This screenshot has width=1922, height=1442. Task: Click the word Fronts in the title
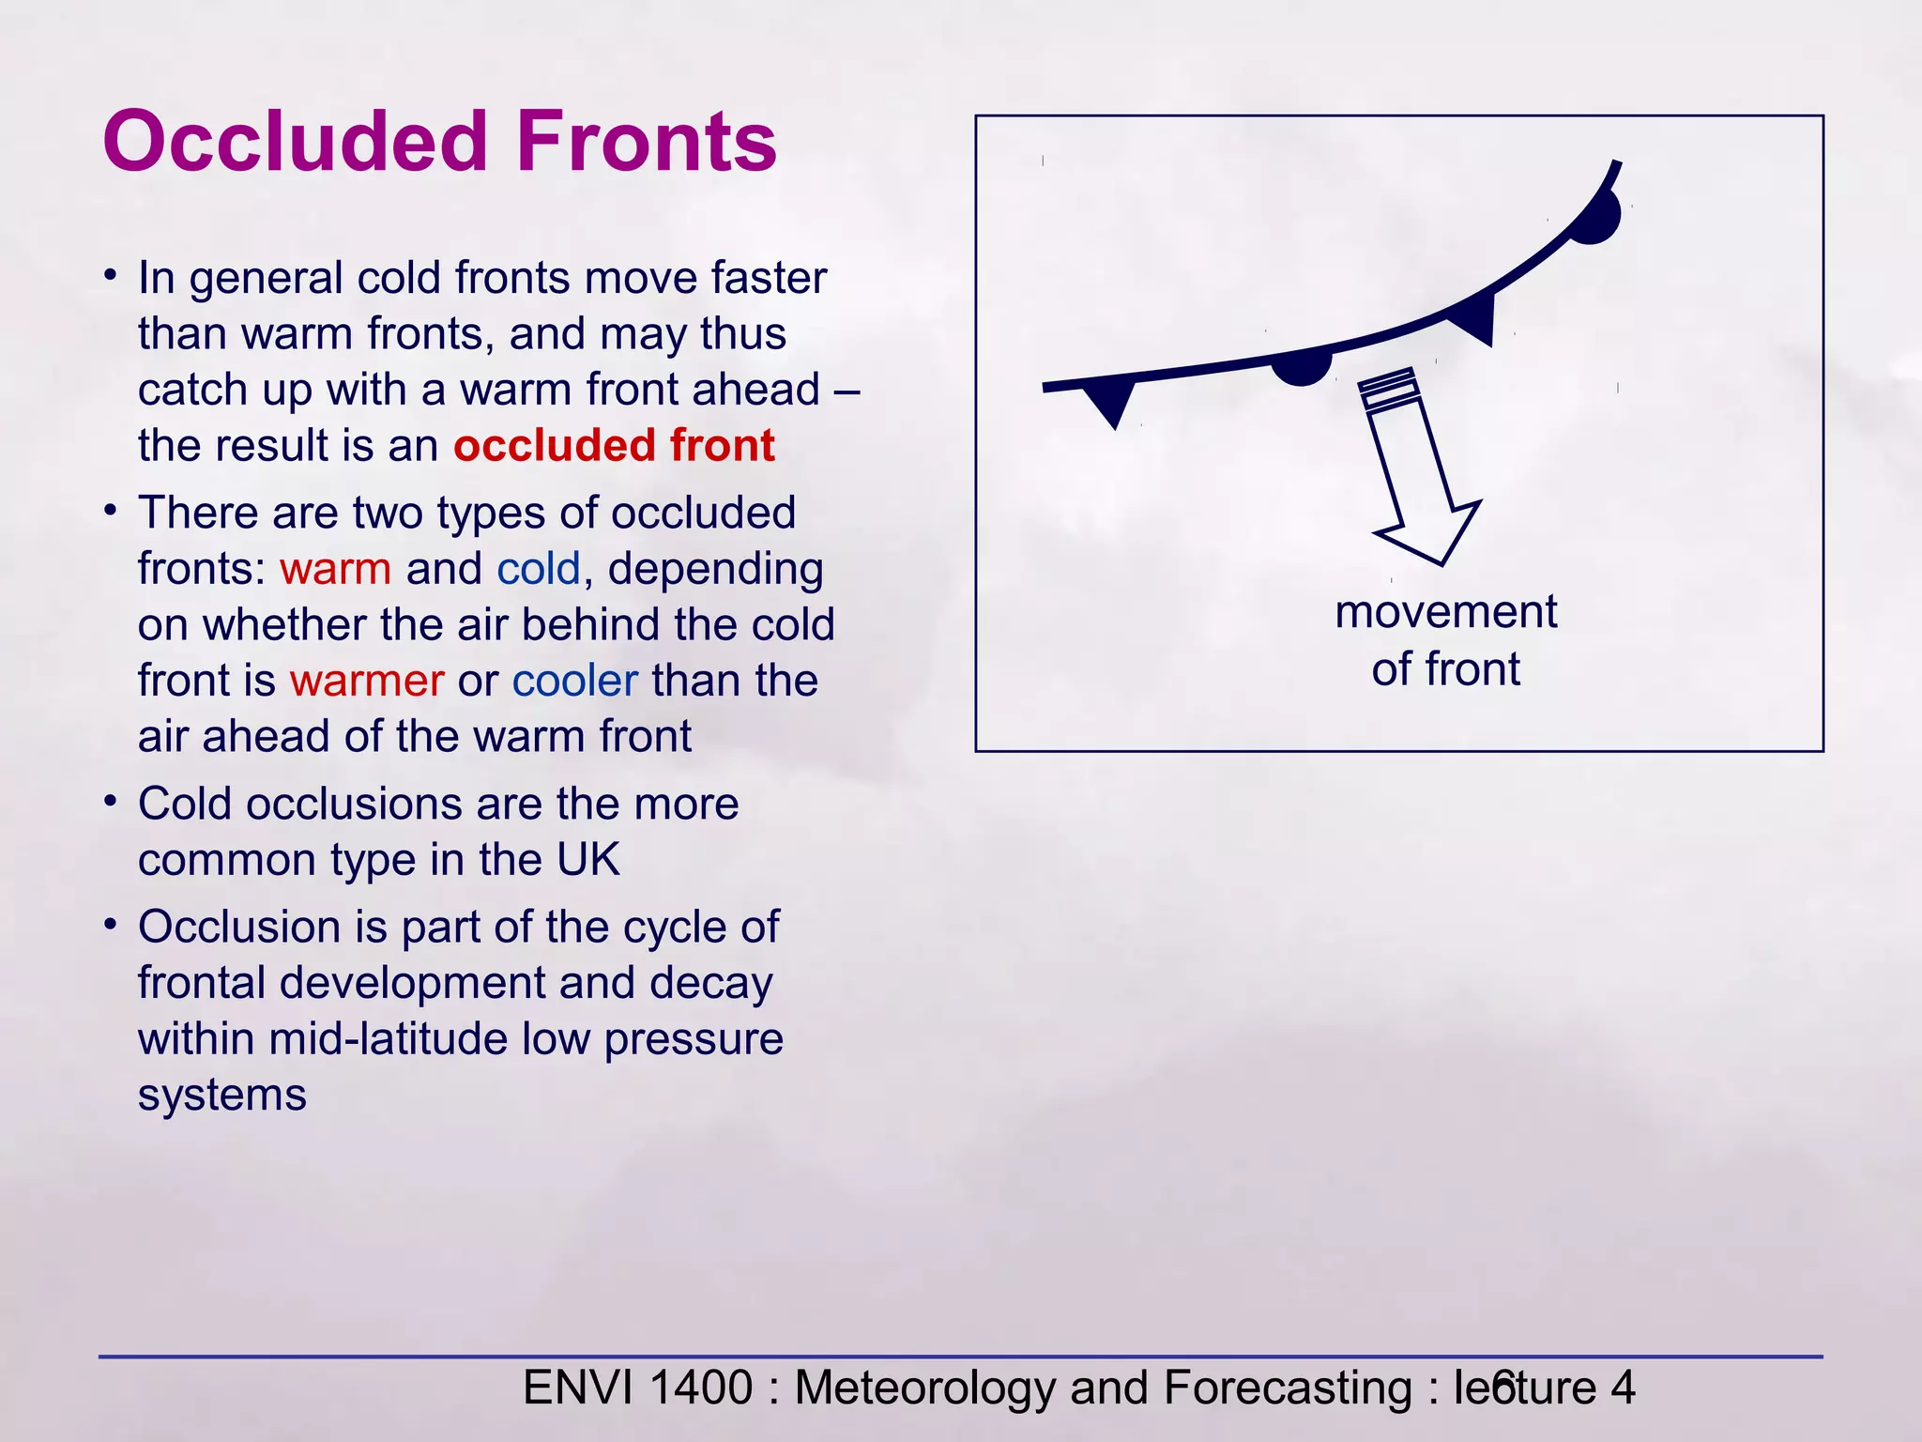coord(647,143)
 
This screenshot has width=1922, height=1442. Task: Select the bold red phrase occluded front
coord(614,445)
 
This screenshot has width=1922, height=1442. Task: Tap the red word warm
coord(335,569)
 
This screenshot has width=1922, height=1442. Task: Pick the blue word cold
coord(539,569)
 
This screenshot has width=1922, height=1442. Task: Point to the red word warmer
coord(367,681)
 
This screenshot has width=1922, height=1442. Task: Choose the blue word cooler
coord(574,681)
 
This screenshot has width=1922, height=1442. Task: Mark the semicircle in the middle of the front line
coord(1301,367)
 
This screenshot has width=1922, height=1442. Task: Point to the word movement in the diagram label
coord(1445,612)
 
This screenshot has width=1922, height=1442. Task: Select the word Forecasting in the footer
coord(1287,1388)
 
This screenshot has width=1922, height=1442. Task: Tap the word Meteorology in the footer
coord(925,1388)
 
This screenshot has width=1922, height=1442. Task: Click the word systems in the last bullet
coord(222,1096)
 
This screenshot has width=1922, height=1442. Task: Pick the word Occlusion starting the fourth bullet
coord(239,928)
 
